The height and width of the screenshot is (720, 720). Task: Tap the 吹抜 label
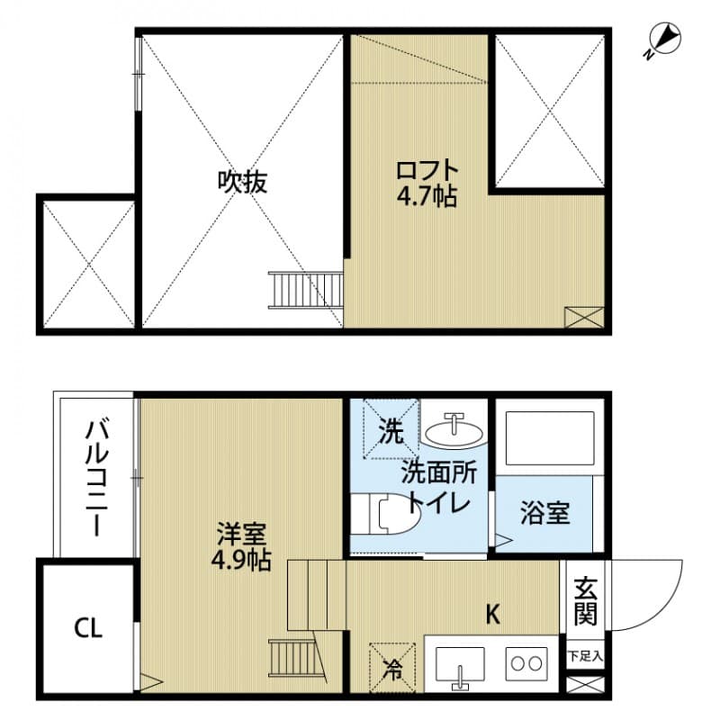point(242,182)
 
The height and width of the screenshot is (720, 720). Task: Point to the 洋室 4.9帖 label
point(242,545)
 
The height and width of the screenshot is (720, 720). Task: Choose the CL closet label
point(88,627)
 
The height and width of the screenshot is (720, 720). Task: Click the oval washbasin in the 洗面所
point(454,430)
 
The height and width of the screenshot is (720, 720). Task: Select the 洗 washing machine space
point(391,431)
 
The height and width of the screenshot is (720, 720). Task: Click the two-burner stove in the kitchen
point(527,663)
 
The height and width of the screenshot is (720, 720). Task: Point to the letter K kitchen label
point(493,616)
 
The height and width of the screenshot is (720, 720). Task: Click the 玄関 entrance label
point(586,601)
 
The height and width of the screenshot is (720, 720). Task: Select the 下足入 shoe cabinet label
point(584,657)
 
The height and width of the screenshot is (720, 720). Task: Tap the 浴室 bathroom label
point(544,514)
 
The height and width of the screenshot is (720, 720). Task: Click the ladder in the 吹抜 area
point(306,289)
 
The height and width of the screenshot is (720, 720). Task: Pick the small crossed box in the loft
point(583,316)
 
